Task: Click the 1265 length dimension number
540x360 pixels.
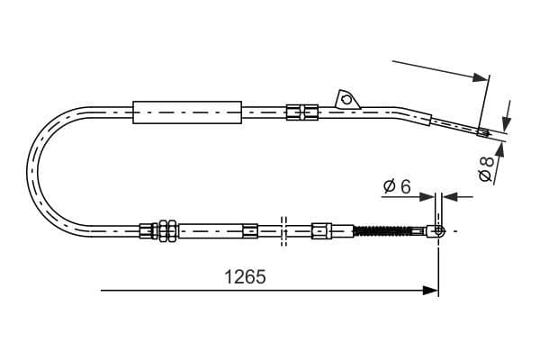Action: click(245, 277)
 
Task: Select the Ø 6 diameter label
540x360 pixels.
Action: click(397, 187)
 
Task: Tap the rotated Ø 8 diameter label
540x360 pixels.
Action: click(486, 167)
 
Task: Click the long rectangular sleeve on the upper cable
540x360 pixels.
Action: click(187, 112)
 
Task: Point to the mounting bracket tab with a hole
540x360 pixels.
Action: click(344, 98)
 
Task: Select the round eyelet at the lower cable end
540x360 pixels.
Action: click(439, 231)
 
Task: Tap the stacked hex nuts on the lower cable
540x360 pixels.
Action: click(166, 231)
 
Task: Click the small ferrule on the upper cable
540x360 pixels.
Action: click(301, 112)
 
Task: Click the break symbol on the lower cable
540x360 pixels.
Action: click(283, 230)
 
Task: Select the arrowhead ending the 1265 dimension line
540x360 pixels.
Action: click(431, 291)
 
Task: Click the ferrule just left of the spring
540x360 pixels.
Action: click(320, 231)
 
